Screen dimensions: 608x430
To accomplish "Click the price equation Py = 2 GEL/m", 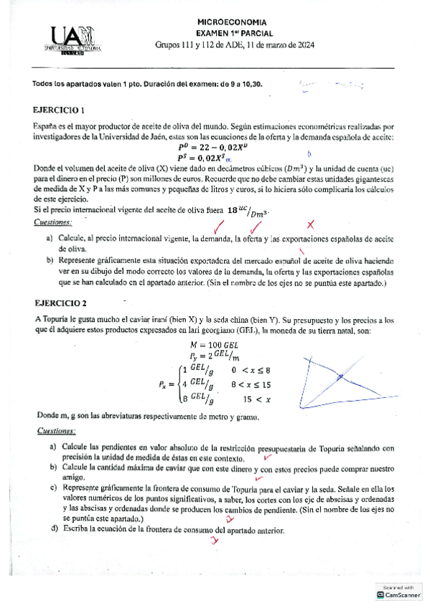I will pos(212,356).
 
